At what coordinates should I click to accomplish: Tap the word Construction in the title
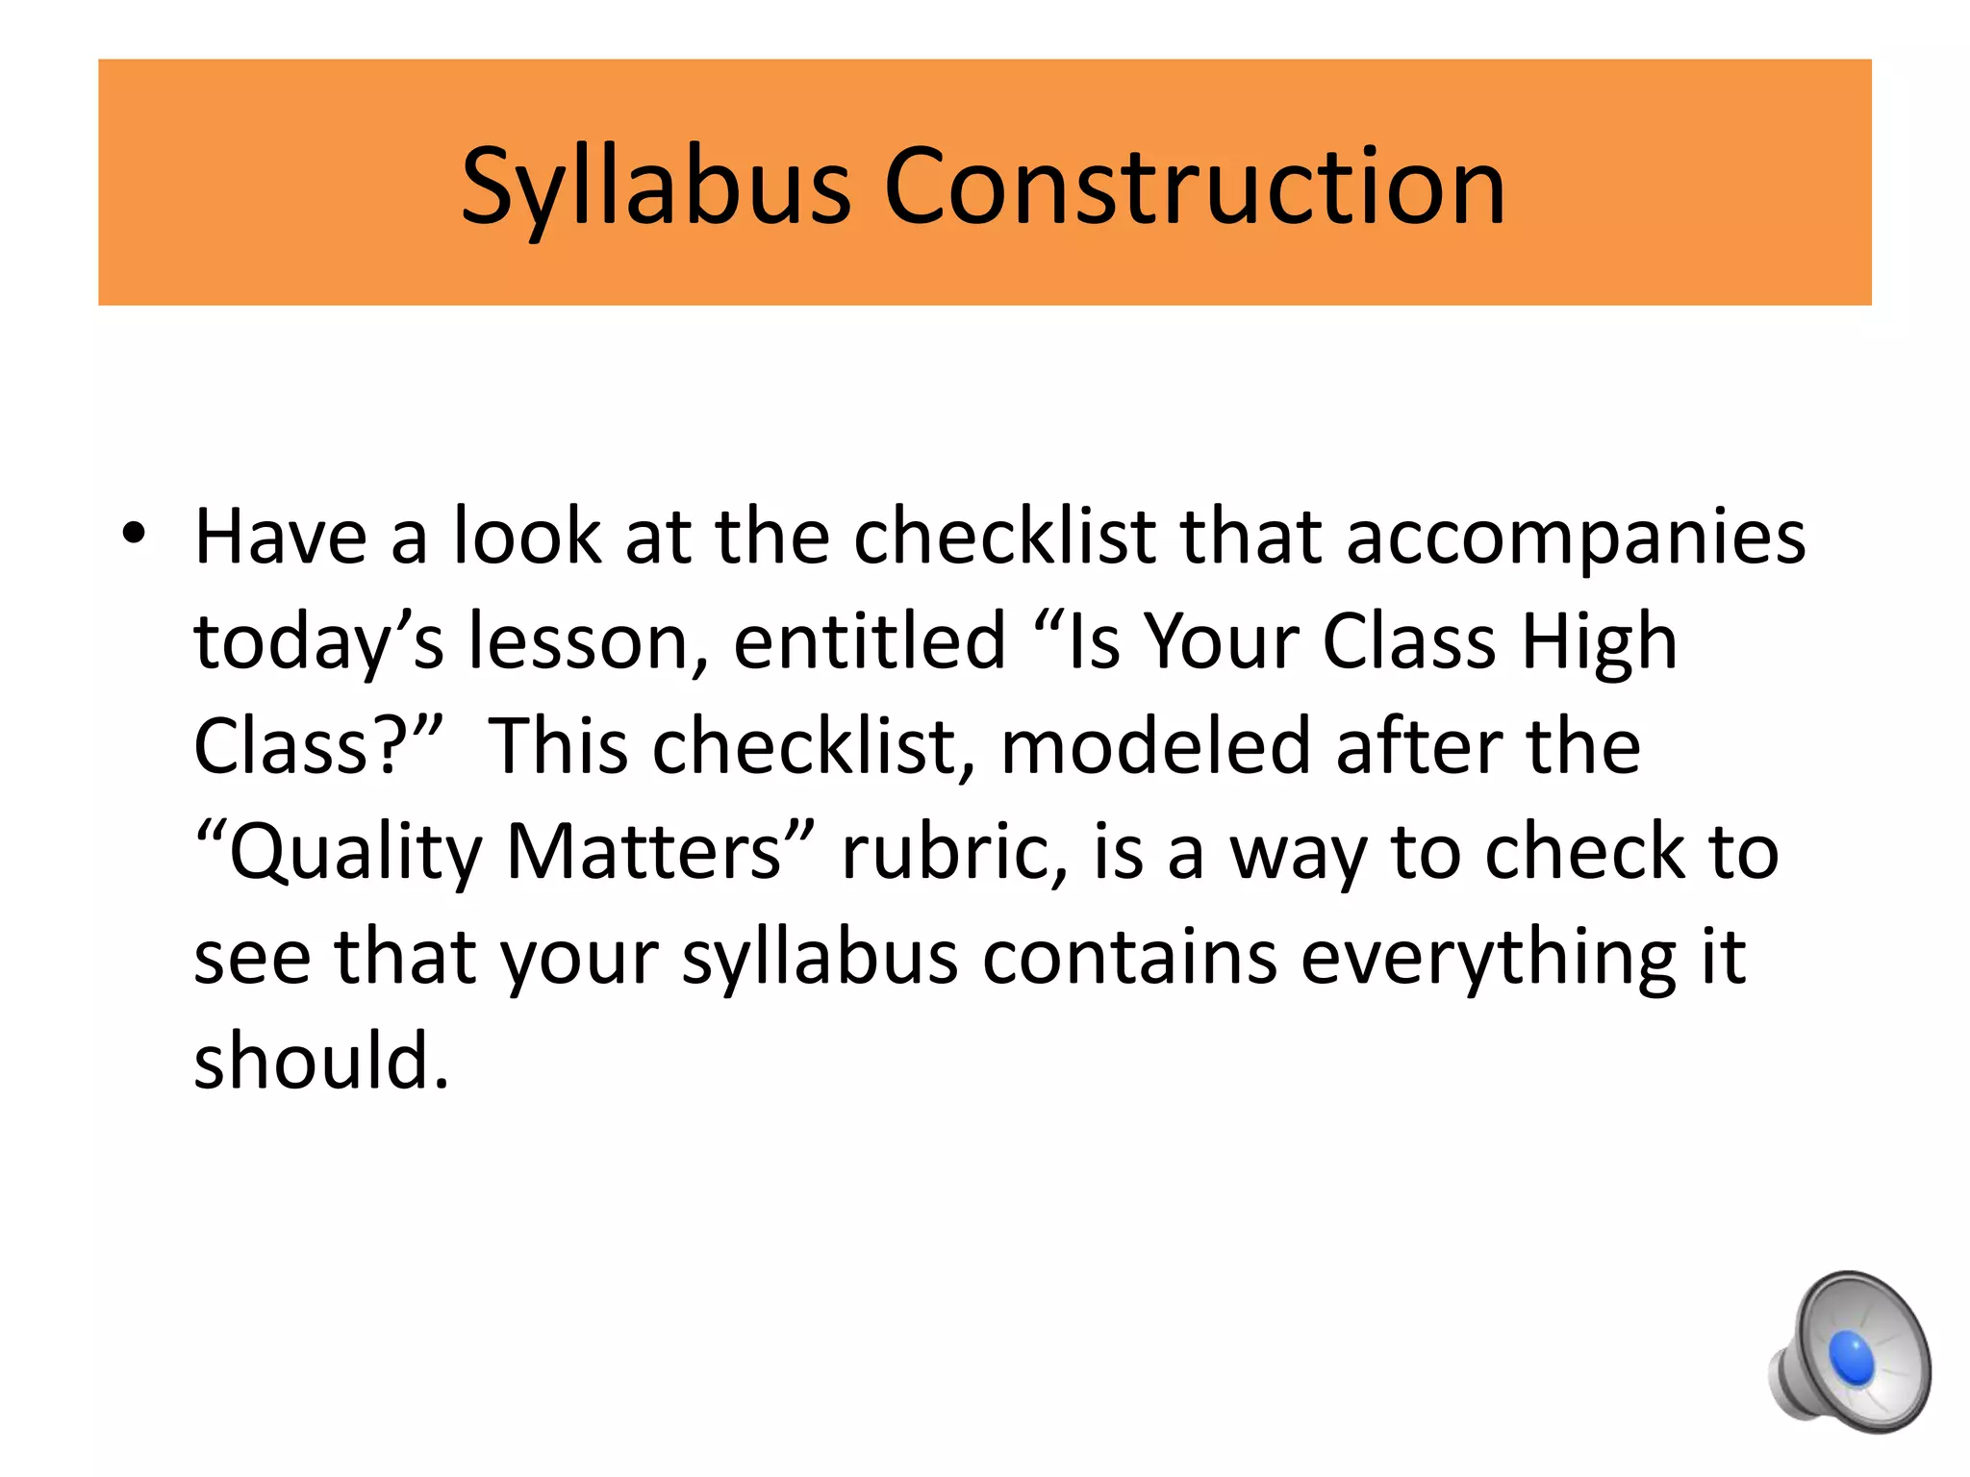pyautogui.click(x=1194, y=188)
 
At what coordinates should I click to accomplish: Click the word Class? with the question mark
pyautogui.click(x=318, y=746)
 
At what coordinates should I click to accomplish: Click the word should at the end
pyautogui.click(x=321, y=1061)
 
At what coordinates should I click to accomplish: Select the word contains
pyautogui.click(x=1130, y=957)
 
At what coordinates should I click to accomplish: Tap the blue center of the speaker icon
pyautogui.click(x=1851, y=1357)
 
